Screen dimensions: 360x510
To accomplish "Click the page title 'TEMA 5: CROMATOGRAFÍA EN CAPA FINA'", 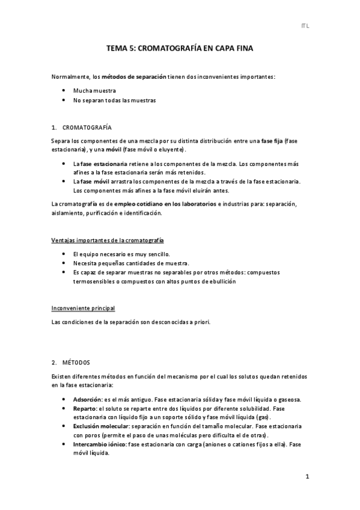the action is (x=180, y=52).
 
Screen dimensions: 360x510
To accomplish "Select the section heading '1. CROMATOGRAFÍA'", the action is (x=82, y=127).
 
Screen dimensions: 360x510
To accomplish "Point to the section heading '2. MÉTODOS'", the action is (x=71, y=362).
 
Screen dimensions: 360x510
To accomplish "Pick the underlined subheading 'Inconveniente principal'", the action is (x=84, y=309).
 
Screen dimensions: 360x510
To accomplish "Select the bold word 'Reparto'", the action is (x=85, y=408).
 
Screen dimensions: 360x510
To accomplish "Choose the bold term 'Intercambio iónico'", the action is (x=99, y=444).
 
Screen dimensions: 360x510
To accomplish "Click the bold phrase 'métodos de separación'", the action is (x=133, y=78).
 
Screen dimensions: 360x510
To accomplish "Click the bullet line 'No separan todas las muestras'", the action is (x=114, y=100).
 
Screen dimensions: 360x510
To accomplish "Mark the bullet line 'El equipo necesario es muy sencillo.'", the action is (x=121, y=254).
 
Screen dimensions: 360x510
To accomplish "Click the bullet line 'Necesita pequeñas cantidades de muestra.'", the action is (x=131, y=263).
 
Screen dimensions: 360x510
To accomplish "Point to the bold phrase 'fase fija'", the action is (x=273, y=140).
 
